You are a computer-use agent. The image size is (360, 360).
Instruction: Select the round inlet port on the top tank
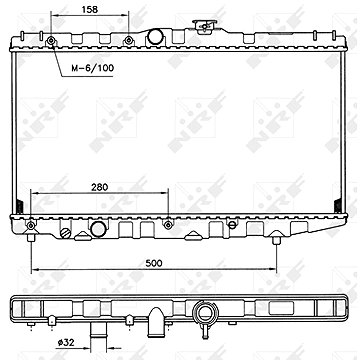(x=157, y=38)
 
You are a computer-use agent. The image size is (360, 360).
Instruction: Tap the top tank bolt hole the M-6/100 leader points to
(x=50, y=41)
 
